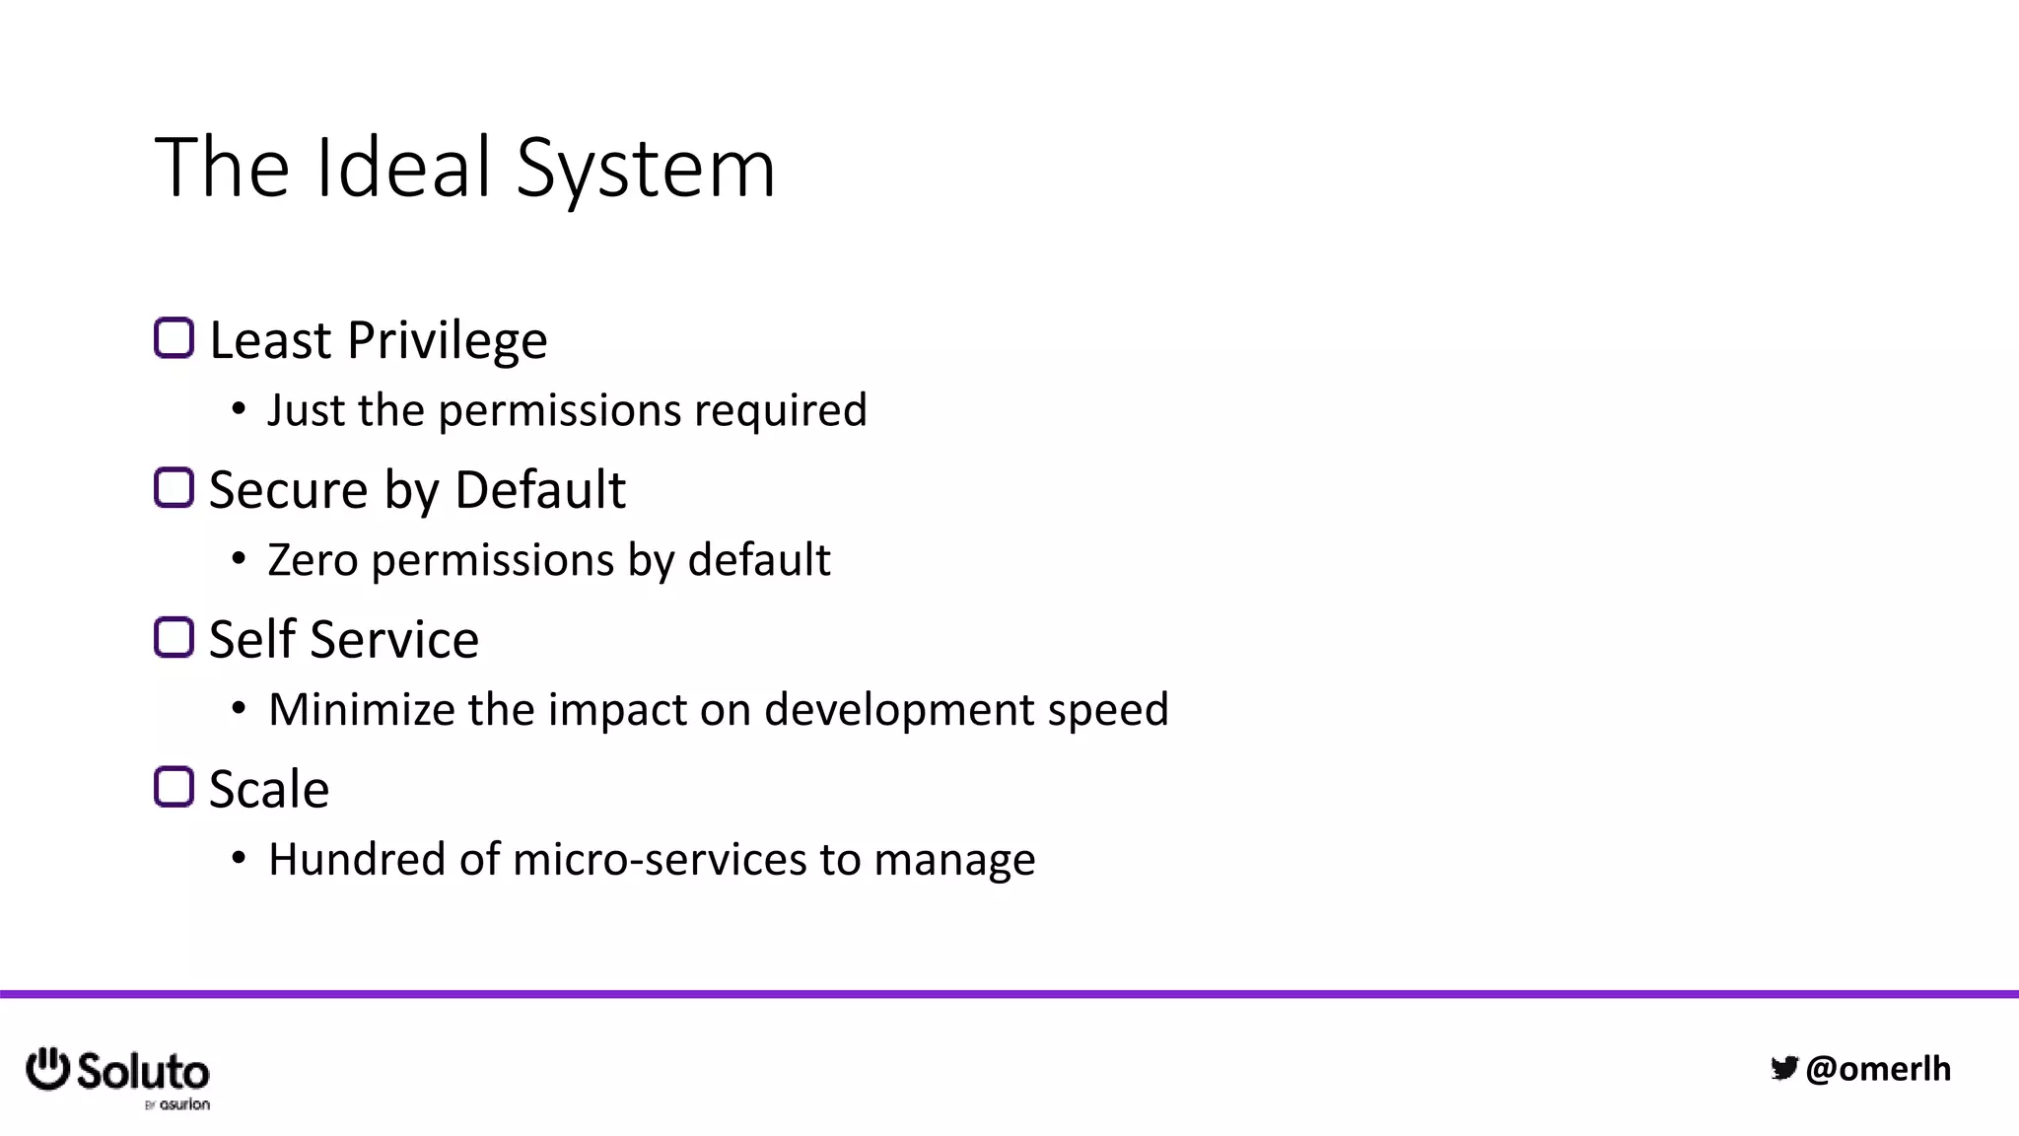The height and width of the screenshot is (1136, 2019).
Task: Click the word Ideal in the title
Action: click(403, 167)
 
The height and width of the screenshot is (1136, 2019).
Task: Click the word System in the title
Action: click(646, 170)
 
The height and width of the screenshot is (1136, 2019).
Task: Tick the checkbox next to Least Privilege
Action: click(174, 338)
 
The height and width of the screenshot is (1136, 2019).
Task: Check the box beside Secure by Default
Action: click(174, 487)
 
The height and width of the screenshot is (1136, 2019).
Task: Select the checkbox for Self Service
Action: click(174, 637)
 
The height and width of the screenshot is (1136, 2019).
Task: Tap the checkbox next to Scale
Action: click(174, 787)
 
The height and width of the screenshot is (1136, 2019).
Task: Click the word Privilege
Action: click(448, 341)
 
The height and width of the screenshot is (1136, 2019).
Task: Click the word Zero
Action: click(313, 560)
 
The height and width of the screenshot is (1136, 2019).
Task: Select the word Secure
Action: click(288, 490)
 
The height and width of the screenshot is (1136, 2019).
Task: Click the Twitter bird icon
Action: click(1784, 1068)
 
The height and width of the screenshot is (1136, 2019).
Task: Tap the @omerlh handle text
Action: click(1878, 1069)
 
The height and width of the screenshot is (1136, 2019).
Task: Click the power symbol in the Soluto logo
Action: click(47, 1069)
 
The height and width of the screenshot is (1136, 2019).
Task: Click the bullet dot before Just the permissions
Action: click(239, 410)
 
